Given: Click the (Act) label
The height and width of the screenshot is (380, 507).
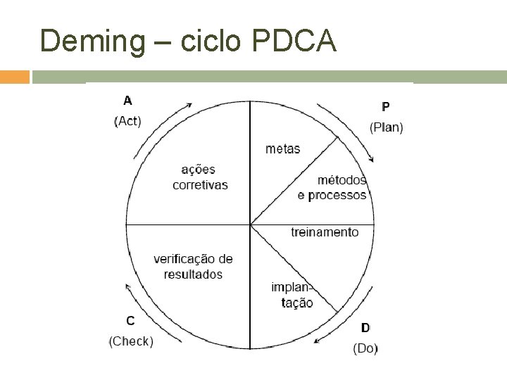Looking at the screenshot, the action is click(x=127, y=121).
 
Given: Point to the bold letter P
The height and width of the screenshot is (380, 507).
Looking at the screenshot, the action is click(x=386, y=107).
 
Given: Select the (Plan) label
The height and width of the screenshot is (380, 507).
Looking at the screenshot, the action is click(x=386, y=127).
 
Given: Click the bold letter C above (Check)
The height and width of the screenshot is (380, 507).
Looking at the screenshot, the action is click(x=130, y=321).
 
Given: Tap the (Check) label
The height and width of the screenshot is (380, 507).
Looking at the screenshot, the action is click(x=130, y=342).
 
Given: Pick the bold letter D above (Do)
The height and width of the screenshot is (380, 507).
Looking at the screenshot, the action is click(x=365, y=327).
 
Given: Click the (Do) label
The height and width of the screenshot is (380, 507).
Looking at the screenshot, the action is click(x=365, y=348).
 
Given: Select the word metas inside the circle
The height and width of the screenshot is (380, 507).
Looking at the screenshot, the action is click(x=282, y=148).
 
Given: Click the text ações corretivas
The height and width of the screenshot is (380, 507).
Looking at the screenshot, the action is click(x=200, y=177).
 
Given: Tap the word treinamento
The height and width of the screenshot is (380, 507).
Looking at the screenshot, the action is click(x=325, y=232).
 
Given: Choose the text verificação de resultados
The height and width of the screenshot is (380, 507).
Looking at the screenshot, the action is click(x=193, y=266).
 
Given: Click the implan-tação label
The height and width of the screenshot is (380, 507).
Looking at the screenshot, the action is click(x=292, y=295).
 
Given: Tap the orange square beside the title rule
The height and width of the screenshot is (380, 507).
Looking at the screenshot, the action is click(x=15, y=76).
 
